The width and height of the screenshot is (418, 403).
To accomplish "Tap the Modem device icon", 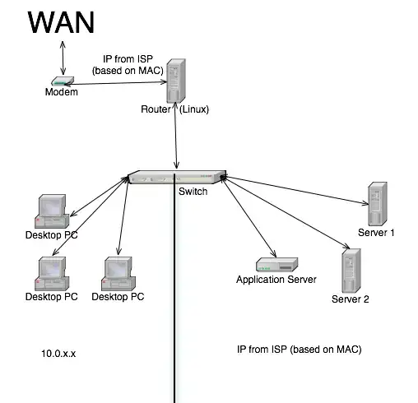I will point(62,81).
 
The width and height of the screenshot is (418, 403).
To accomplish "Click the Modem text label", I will point(61,93).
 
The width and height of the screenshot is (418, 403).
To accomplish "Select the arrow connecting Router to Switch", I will point(176,141).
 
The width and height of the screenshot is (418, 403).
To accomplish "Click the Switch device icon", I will point(176,178).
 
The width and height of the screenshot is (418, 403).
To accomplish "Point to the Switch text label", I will point(193,192).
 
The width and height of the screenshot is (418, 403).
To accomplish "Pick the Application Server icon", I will point(276,266).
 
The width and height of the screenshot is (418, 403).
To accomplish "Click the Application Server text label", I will point(276,280).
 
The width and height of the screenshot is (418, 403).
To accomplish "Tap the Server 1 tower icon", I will point(378,203).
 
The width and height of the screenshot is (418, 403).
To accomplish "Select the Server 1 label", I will point(377,233).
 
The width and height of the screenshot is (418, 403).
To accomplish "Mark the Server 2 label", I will point(351,299).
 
